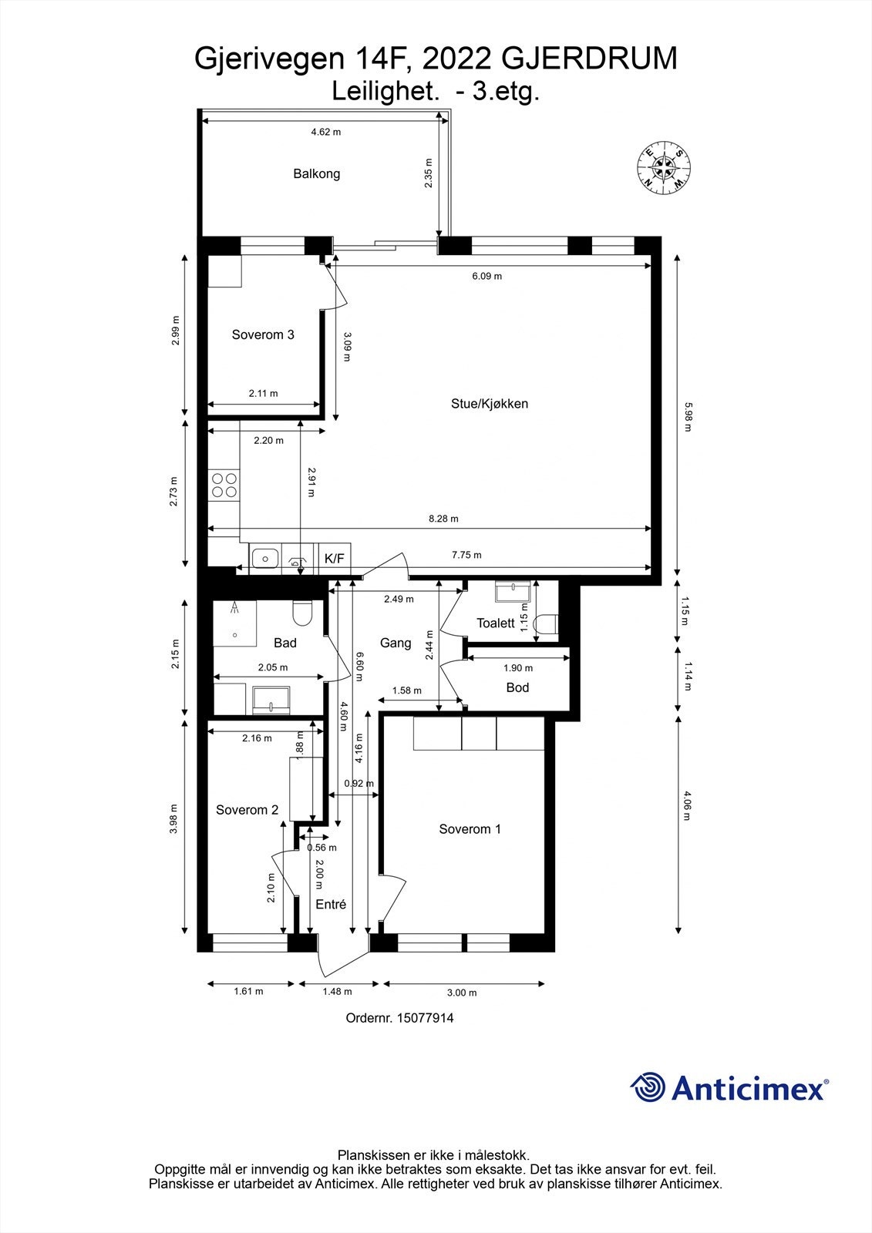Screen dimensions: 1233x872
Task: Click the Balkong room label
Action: click(316, 173)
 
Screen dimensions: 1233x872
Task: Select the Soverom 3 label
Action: click(263, 334)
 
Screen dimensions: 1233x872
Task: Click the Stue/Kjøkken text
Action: click(490, 403)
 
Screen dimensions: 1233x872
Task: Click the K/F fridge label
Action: click(335, 558)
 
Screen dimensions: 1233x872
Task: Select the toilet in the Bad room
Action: click(301, 614)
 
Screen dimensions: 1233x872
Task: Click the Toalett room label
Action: click(495, 623)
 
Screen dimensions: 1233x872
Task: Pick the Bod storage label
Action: click(517, 687)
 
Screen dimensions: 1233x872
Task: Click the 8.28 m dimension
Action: click(443, 519)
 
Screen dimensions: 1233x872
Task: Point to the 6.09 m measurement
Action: click(487, 276)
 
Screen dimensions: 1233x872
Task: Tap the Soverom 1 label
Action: click(470, 829)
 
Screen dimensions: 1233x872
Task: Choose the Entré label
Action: click(331, 905)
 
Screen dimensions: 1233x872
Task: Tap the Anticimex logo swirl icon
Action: click(648, 1087)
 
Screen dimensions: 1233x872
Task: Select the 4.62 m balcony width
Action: click(325, 132)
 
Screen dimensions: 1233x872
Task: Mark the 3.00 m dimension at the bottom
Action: click(463, 993)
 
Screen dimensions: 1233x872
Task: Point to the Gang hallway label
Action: click(396, 643)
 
